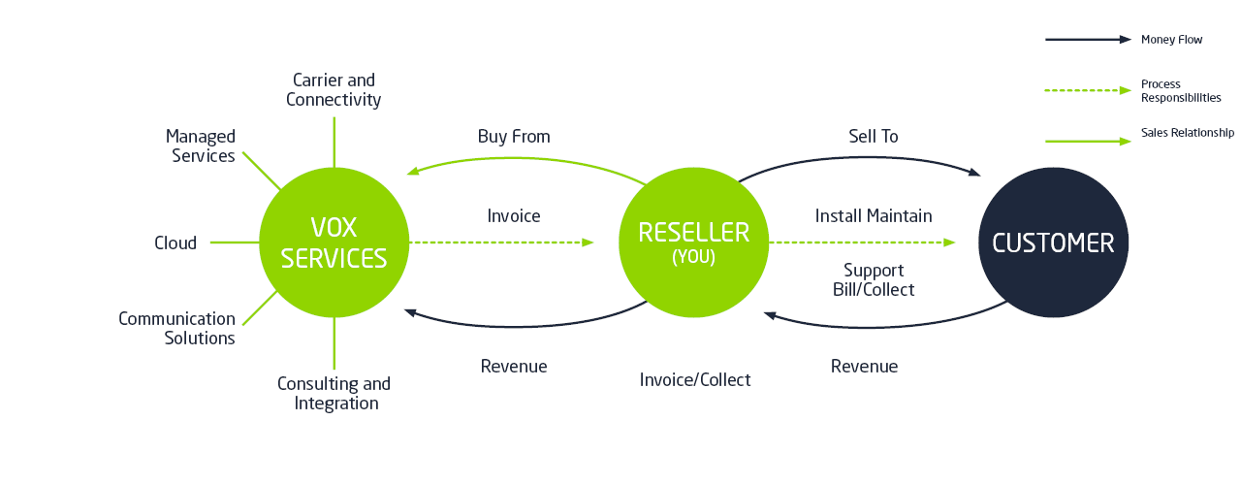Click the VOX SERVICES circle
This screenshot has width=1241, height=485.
pos(334,242)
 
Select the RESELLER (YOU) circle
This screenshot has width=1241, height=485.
pos(693,242)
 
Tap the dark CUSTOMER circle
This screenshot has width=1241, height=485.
pos(1053,242)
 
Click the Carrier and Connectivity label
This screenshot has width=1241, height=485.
pos(334,89)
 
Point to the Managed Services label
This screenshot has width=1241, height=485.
pos(201,145)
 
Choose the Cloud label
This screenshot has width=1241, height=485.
pos(175,242)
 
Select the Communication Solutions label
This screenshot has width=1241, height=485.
pos(177,328)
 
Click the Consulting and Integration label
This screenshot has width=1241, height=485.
pos(334,393)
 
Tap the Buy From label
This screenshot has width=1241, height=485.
pos(514,137)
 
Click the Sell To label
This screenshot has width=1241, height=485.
pos(873,137)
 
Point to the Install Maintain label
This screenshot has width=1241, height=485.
pos(873,215)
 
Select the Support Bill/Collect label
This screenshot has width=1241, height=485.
pos(874,279)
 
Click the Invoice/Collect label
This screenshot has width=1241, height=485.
pos(695,379)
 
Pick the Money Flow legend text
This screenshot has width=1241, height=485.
pos(1171,40)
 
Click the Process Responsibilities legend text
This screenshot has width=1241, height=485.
pos(1180,91)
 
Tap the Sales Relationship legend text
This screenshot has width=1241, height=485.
pos(1187,133)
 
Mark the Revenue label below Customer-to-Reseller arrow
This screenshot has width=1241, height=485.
pos(864,366)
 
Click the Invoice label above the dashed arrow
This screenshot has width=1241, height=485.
pos(514,215)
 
